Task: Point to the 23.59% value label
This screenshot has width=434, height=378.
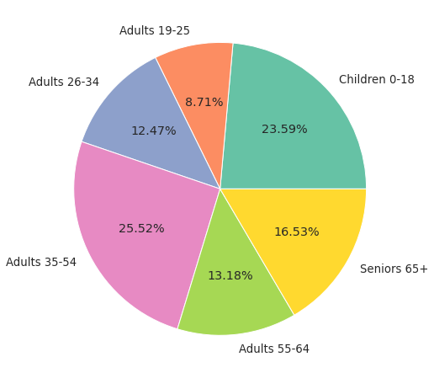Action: click(284, 130)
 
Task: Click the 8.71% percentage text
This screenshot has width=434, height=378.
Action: click(204, 103)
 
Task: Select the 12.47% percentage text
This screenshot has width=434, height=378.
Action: click(153, 131)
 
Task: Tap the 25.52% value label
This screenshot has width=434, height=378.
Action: click(141, 229)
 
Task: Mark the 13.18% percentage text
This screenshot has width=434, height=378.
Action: click(230, 276)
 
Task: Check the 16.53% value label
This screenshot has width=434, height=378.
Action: click(296, 232)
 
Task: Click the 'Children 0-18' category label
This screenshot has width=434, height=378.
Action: click(376, 80)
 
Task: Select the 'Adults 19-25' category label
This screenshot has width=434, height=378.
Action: click(155, 31)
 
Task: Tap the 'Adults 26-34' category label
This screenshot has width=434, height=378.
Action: click(64, 83)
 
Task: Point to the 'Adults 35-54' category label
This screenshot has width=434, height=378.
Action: click(41, 263)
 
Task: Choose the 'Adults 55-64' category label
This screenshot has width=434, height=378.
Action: click(273, 349)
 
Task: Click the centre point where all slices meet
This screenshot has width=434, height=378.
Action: click(220, 189)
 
